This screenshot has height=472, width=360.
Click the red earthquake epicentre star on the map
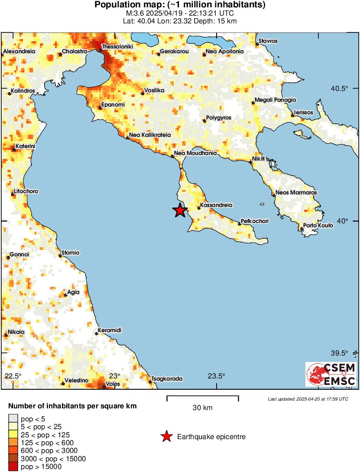(x=180, y=210)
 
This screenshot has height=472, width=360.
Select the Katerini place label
(x=25, y=147)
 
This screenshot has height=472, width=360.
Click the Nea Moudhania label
(x=195, y=153)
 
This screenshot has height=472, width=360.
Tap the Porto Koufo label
(x=318, y=226)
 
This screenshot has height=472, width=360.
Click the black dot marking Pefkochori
(x=240, y=224)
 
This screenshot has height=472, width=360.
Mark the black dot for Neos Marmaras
(x=274, y=195)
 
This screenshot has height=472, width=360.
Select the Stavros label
(x=268, y=41)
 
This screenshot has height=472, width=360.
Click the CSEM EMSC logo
(x=331, y=375)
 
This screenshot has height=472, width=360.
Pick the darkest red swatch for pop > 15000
(x=13, y=467)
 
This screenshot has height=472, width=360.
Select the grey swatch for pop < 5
(x=13, y=418)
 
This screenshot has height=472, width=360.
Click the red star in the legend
(x=166, y=437)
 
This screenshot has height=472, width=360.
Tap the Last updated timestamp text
(x=308, y=399)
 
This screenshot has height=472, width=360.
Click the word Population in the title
(x=115, y=5)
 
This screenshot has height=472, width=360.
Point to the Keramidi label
(x=110, y=330)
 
